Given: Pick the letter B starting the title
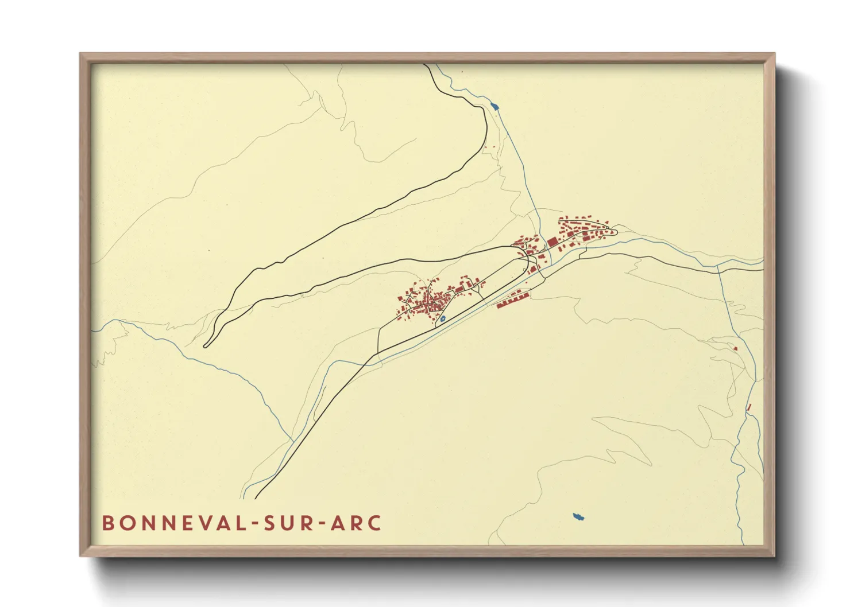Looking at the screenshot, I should click(107, 523).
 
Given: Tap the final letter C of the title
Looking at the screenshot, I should click(375, 523).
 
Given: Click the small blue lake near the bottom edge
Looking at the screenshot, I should click(578, 517).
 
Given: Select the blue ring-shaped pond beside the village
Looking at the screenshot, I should click(443, 318).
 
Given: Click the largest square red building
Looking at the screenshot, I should click(552, 242).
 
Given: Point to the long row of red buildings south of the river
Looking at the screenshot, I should click(512, 299).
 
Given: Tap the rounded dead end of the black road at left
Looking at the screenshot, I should click(206, 345).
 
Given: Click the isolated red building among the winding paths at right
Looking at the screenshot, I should click(735, 348).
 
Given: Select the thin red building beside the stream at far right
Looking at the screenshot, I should click(749, 407).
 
